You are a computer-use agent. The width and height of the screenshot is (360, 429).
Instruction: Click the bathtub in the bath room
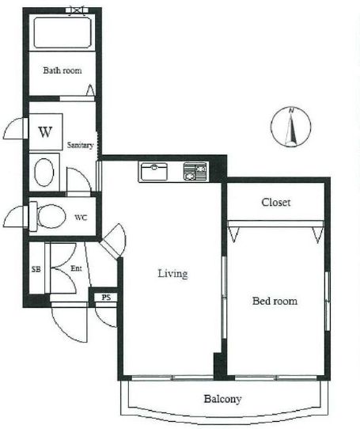tap(63, 32)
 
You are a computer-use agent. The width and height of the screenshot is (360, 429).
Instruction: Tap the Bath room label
tap(63, 70)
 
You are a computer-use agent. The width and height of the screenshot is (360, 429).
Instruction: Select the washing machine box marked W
tap(46, 131)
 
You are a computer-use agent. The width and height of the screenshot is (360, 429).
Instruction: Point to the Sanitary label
tap(80, 145)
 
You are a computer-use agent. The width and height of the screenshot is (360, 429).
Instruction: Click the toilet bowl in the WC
tap(51, 216)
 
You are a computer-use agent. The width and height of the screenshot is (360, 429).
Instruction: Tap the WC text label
tap(81, 218)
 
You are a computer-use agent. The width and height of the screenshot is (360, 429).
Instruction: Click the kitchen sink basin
tap(153, 171)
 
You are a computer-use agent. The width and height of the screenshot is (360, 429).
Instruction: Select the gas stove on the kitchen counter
tap(195, 171)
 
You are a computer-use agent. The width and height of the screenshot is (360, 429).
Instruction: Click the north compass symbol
tap(291, 127)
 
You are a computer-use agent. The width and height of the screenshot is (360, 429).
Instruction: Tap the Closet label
tap(276, 202)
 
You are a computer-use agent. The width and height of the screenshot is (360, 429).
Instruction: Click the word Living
tap(172, 274)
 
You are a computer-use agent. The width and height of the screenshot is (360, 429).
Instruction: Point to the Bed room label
tap(275, 301)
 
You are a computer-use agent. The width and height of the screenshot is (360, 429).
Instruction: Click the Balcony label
tap(222, 399)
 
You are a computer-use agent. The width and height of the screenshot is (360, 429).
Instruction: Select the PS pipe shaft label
tap(106, 297)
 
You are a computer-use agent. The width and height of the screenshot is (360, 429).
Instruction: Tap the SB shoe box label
tap(36, 269)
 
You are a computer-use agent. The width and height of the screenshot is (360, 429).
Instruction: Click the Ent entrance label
tap(76, 268)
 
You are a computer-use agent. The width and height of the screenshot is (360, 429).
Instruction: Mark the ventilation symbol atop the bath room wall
tap(78, 11)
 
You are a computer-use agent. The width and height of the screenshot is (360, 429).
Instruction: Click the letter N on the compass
tap(291, 111)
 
